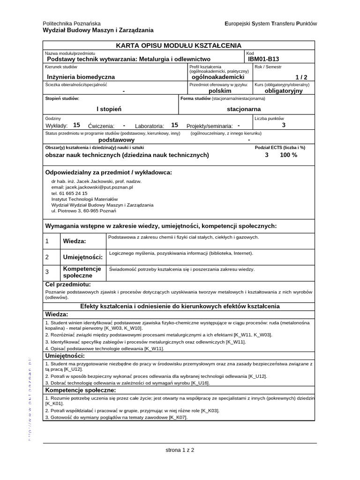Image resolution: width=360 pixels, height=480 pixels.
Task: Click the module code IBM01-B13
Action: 263,59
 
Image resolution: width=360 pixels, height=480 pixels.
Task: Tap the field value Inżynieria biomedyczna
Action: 81,76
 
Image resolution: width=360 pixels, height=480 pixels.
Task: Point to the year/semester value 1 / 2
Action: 301,77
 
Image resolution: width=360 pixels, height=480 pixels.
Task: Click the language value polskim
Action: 220,91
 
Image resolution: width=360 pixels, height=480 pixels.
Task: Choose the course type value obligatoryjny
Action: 284,91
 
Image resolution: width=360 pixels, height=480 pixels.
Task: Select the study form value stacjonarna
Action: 243,109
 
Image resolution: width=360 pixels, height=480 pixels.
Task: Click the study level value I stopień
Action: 109,109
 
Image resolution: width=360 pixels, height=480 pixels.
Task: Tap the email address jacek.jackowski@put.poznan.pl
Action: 99,187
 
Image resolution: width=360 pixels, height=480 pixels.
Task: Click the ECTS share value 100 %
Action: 288,155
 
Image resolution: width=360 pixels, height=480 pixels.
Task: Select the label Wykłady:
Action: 57,126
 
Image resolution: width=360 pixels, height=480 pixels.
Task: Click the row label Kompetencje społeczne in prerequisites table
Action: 82,272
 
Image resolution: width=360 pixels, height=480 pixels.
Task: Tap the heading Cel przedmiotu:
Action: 67,285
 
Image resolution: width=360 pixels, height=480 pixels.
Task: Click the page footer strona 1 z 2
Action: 180,450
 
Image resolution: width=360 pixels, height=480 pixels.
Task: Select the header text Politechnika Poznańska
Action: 72,23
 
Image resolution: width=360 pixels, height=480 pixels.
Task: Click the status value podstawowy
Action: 116,140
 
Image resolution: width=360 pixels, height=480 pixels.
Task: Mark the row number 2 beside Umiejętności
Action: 47,257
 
